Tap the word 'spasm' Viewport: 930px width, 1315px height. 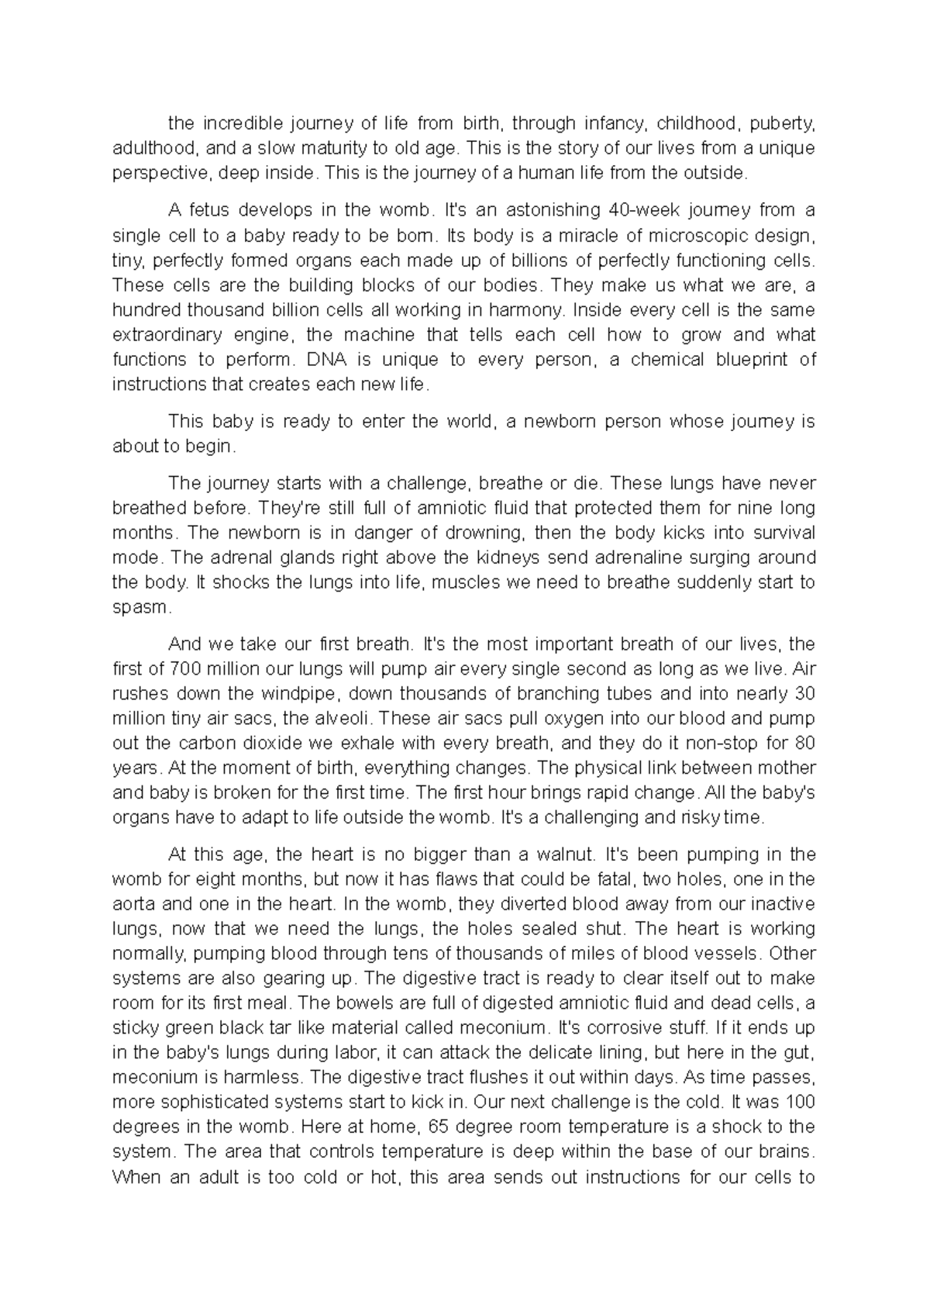pos(139,608)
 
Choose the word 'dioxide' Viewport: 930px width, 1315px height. pos(273,744)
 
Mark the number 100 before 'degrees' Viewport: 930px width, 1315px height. pos(801,1103)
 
